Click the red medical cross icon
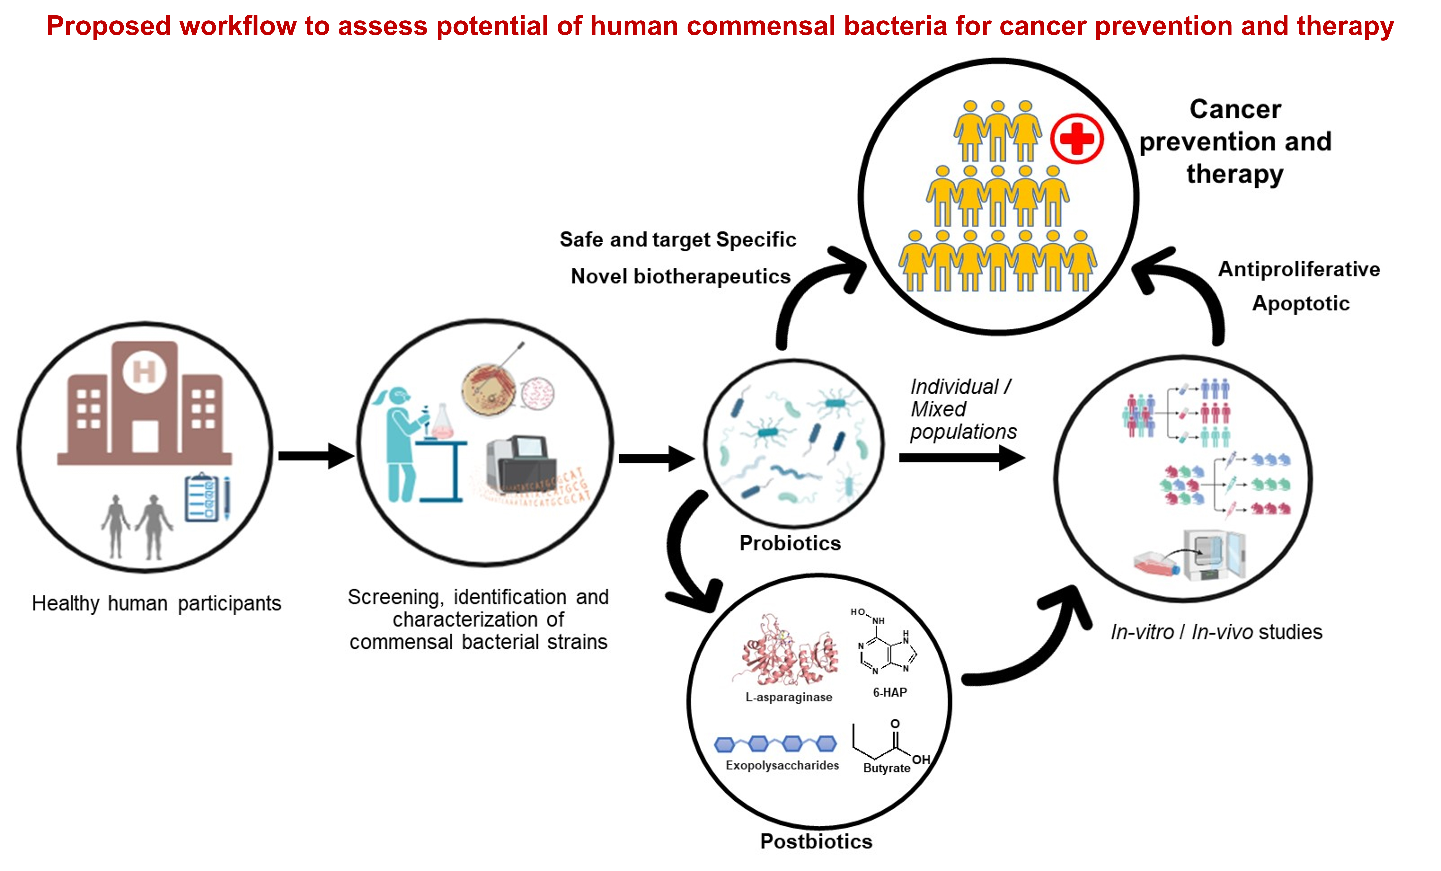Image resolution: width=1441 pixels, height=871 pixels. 1077,139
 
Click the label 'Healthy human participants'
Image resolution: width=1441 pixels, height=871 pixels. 156,603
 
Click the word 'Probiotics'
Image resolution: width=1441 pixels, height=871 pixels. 790,543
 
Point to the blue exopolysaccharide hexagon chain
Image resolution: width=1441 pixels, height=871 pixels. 776,744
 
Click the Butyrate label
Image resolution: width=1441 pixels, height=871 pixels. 887,768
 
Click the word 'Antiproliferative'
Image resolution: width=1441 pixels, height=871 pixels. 1299,269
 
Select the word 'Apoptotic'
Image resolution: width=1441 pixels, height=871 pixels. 1301,303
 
